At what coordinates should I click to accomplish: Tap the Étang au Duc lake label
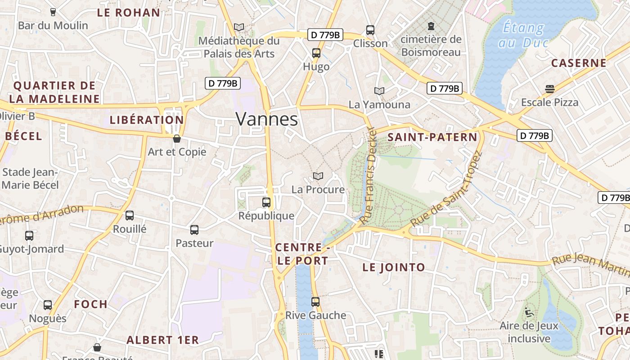pos(523,35)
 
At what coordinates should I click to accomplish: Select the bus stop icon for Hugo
pos(316,53)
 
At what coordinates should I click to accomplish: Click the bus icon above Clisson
pos(370,30)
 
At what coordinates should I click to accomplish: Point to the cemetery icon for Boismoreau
pos(431,26)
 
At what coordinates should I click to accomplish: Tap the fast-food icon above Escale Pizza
pos(549,89)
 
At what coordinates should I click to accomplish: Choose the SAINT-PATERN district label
pos(432,137)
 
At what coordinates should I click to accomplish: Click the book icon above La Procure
pos(318,176)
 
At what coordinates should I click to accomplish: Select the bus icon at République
pos(266,202)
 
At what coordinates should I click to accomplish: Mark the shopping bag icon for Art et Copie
pos(177,138)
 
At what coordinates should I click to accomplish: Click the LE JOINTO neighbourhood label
pos(394,267)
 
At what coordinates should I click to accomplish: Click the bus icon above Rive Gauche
pos(315,301)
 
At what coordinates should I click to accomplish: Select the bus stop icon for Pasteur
pos(194,230)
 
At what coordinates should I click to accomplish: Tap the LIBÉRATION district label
pos(147,120)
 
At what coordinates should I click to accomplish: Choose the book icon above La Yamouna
pos(379,91)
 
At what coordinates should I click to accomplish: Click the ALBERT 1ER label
pos(162,340)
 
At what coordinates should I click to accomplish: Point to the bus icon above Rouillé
pos(130,216)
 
